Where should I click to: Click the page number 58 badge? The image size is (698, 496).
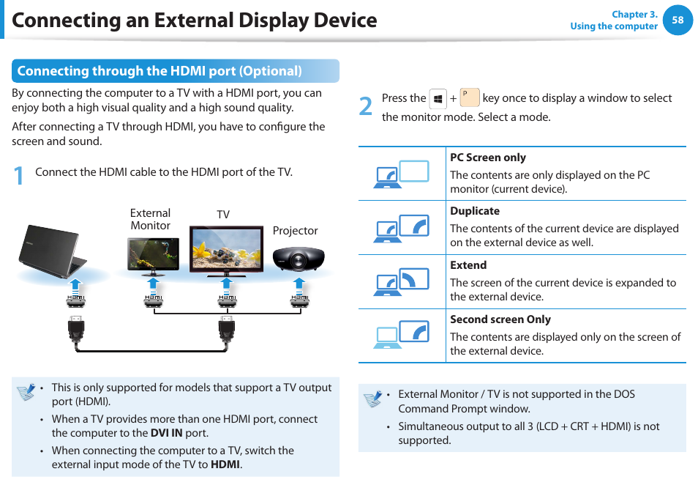coord(678,21)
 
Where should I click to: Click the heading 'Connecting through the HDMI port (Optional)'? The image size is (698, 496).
coord(160,71)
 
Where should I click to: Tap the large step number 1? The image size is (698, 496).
coord(19,175)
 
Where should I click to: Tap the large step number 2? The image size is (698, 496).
coord(366,106)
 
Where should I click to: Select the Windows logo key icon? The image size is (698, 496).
coord(438,98)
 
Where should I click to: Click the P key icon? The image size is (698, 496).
coord(469,97)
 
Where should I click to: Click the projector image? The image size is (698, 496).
coord(298,257)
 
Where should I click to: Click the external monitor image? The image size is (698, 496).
coord(152,253)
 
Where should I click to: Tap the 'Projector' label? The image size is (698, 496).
coord(295,231)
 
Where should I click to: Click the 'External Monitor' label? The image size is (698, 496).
coord(150,219)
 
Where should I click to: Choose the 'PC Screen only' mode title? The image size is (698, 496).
coord(487,158)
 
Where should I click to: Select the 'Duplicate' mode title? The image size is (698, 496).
coord(475,211)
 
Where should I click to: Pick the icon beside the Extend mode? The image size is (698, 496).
coord(402,282)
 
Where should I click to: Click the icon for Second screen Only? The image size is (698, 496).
coord(402,336)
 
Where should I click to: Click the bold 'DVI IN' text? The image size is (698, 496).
coord(166,433)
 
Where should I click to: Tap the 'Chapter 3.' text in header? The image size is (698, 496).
coord(634,15)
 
